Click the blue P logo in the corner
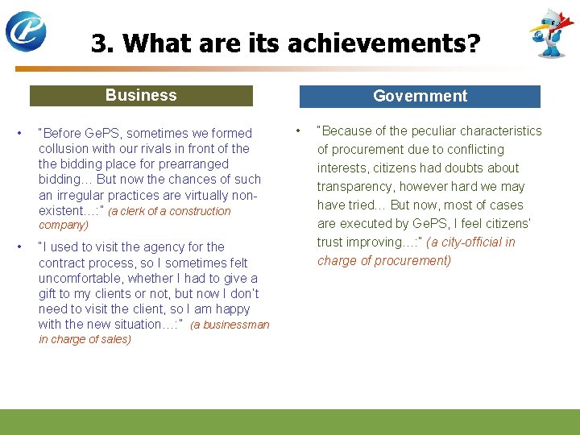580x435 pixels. tap(26, 31)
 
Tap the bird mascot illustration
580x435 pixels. tap(552, 33)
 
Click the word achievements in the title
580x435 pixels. tap(373, 43)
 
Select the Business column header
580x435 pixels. tap(141, 96)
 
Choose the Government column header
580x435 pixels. tap(420, 97)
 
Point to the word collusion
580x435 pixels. tap(63, 149)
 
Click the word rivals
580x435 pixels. tap(159, 149)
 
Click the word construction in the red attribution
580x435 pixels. tap(203, 212)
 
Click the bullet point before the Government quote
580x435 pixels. tap(298, 130)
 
